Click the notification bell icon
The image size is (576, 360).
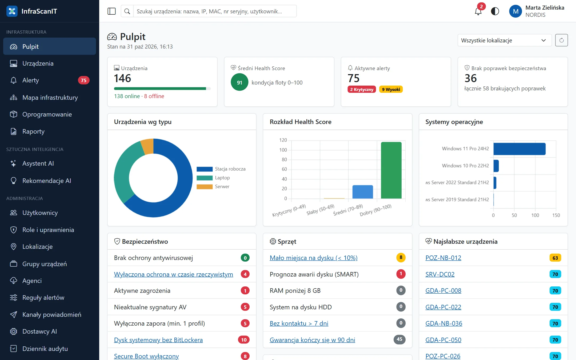pos(478,11)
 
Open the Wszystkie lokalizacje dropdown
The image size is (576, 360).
pos(505,40)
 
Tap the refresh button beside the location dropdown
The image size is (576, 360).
pos(561,40)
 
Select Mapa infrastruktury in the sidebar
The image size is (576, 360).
pos(50,97)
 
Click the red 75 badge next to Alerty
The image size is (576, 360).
pos(83,80)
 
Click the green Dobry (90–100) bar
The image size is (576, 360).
pos(391,170)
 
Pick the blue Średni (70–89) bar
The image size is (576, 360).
pos(363,192)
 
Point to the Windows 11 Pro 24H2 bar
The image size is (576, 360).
pos(519,149)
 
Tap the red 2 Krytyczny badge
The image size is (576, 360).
pos(362,89)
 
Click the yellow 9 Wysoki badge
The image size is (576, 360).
pos(391,89)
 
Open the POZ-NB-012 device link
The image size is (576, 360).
pos(443,258)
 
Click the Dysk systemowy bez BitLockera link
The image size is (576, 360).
pos(158,340)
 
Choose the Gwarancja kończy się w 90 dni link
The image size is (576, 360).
pos(312,340)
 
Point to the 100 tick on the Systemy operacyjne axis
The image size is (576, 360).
pos(535,215)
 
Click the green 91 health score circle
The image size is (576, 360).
pos(239,82)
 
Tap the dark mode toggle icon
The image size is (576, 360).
pos(495,11)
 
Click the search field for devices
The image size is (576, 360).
pos(215,11)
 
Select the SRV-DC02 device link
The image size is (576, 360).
pos(440,274)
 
